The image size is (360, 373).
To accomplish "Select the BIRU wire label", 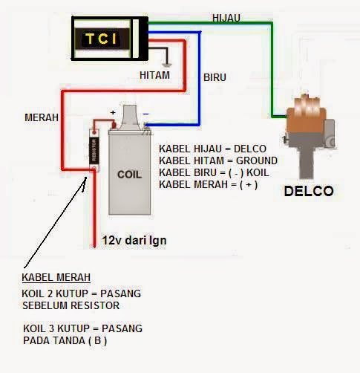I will coord(215,77).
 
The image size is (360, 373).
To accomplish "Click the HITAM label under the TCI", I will coord(154,75).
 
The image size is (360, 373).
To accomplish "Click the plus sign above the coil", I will coord(113,113).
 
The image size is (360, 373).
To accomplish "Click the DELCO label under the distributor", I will coord(309,191).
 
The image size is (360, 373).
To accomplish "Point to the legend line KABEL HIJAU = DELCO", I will coord(212,149).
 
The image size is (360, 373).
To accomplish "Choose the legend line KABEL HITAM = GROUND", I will coord(217,160).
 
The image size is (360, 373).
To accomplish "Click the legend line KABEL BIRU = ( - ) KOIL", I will coord(214,172).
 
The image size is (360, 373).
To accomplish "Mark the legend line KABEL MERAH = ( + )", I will coord(208,184).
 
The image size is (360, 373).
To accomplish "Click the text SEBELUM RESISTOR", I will coord(71,305).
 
